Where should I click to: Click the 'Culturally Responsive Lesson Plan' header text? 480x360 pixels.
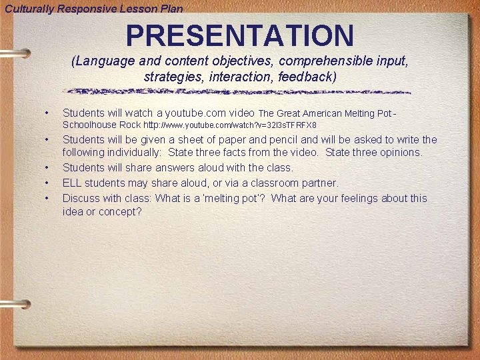[94, 8]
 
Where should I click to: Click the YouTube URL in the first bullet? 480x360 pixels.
[230, 125]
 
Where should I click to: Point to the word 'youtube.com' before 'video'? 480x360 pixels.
[196, 113]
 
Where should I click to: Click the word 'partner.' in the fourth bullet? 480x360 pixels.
[319, 182]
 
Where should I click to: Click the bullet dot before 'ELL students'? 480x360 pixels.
[47, 183]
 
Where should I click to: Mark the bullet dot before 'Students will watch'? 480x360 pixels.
[47, 113]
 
